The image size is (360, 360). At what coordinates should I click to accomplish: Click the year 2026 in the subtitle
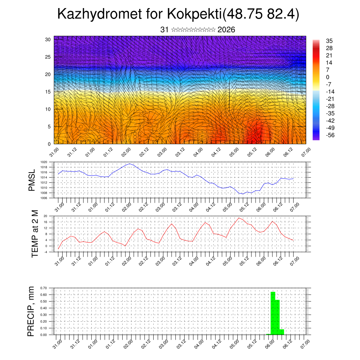pyautogui.click(x=226, y=30)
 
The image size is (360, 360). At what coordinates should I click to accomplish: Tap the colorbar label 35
pyautogui.click(x=329, y=41)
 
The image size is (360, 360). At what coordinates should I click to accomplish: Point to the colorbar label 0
pyautogui.click(x=328, y=77)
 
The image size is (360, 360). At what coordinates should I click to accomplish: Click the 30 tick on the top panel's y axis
pyautogui.click(x=48, y=39)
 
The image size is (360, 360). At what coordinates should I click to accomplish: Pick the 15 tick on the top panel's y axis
pyautogui.click(x=48, y=92)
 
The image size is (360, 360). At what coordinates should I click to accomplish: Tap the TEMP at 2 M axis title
pyautogui.click(x=34, y=234)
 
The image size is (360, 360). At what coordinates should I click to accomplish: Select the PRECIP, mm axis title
pyautogui.click(x=31, y=311)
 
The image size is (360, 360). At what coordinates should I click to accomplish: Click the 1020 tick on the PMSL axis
pyautogui.click(x=44, y=162)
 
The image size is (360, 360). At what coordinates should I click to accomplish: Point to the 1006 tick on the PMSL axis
pyautogui.click(x=44, y=198)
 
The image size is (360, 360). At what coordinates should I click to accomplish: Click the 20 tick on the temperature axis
pyautogui.click(x=45, y=216)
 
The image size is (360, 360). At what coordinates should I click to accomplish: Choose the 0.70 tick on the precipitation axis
pyautogui.click(x=43, y=288)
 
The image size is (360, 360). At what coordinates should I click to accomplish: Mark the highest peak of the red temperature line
pyautogui.click(x=239, y=218)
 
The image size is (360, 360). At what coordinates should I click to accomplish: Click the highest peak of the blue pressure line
pyautogui.click(x=130, y=164)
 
